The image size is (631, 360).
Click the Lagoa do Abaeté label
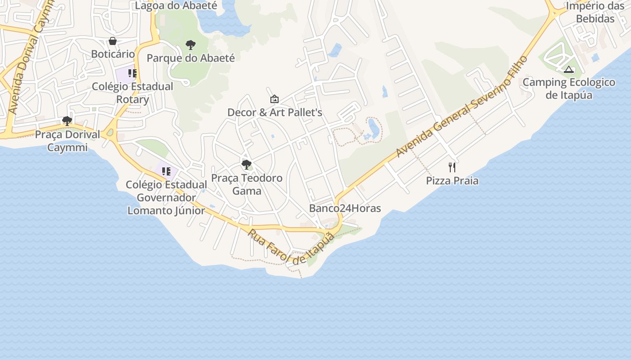(176, 6)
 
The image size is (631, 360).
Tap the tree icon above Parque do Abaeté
(191, 45)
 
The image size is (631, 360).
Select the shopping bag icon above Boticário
(113, 41)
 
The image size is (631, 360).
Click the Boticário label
(113, 54)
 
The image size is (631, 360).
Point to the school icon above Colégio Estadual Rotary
(132, 73)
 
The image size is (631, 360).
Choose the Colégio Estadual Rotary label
(133, 93)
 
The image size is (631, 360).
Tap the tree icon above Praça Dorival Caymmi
(67, 121)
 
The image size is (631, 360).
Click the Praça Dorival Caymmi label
(67, 141)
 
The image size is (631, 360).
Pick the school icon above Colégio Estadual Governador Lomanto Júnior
(166, 171)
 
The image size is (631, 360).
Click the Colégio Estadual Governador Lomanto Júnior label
(166, 198)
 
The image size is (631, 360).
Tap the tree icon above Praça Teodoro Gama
(247, 165)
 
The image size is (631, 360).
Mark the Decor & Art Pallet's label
(274, 112)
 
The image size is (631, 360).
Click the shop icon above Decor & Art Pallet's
(274, 99)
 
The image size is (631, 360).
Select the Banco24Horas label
(345, 208)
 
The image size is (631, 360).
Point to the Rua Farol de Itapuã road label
(291, 247)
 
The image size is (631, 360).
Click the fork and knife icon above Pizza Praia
(452, 167)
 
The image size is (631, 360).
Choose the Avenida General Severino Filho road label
(462, 107)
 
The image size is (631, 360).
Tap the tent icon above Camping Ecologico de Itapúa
(569, 69)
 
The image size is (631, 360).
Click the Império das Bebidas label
(595, 13)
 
